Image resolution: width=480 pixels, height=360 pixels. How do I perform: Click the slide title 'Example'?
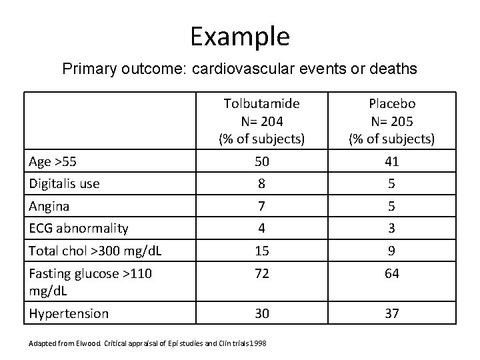239,36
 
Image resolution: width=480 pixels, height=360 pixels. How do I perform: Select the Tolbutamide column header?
261,121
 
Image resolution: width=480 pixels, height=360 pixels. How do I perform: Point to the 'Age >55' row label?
50,161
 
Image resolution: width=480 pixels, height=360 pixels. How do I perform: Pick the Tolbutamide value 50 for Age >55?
261,161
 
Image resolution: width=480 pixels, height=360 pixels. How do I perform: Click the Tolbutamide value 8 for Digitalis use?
261,183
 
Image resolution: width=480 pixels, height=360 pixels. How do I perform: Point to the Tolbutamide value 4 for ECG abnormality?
261,229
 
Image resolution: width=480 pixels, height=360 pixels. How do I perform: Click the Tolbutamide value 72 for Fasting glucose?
261,273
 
